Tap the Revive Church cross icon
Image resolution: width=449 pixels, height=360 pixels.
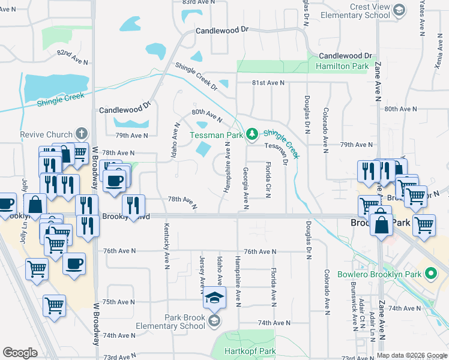point(82,134)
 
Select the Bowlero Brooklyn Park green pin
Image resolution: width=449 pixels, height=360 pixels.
point(430,275)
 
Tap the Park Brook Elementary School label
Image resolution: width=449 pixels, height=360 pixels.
point(185,322)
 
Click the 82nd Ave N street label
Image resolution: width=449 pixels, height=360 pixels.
point(73,57)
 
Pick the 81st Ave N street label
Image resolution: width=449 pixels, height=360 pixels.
point(268,83)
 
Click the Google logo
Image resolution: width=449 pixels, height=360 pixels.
point(20,353)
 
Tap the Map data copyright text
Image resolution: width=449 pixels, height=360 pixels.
point(411,355)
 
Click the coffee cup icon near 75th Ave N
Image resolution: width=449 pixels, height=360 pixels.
point(74,263)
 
